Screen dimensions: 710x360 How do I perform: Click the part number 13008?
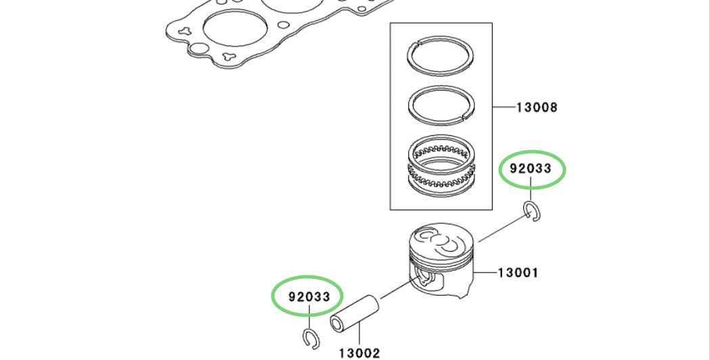click(537, 108)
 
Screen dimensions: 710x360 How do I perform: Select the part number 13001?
click(518, 273)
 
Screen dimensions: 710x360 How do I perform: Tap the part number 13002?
click(359, 353)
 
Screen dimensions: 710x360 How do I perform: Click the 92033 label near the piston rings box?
click(531, 168)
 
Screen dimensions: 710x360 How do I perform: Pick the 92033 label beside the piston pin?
click(309, 297)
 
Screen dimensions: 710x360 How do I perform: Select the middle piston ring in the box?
click(441, 106)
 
